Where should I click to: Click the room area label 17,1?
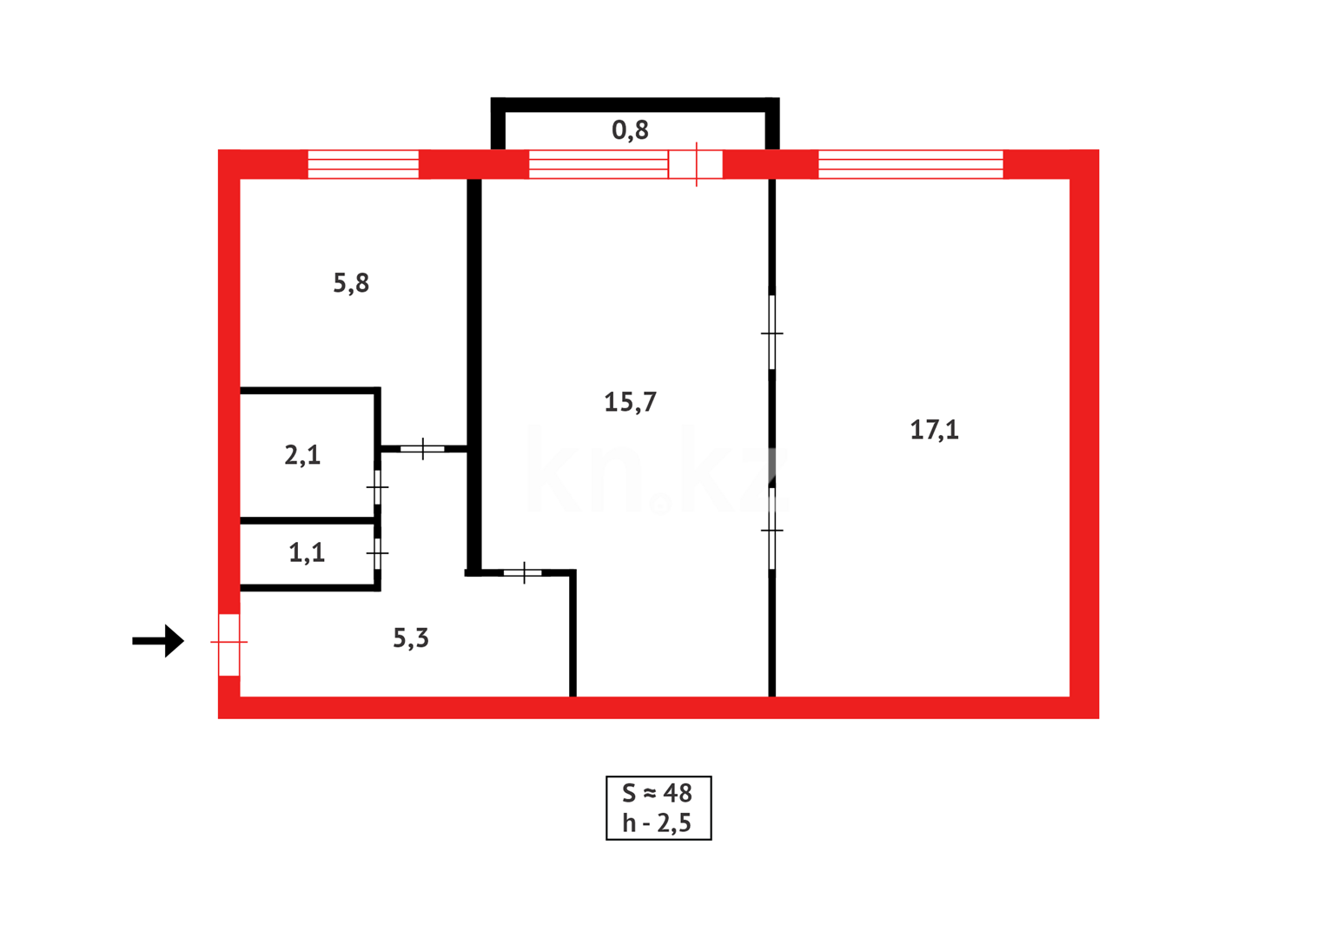point(934,430)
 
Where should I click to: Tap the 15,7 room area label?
point(630,402)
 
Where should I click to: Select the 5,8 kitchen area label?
point(351,283)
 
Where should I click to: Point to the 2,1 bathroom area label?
point(302,455)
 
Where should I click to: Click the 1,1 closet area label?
point(307,552)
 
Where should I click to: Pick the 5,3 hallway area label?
point(411,638)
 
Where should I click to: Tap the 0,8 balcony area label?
point(630,130)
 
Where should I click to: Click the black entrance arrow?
point(159,641)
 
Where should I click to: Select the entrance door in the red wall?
point(228,644)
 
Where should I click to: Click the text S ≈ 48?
point(658,793)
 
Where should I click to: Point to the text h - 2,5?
point(658,822)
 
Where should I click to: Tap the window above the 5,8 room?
point(363,164)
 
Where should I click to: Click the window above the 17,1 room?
point(910,164)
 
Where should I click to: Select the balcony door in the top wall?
point(695,164)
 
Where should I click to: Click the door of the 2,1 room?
point(377,487)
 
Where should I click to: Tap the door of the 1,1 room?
point(377,553)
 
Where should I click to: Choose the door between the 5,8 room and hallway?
point(422,449)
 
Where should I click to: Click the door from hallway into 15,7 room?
point(523,573)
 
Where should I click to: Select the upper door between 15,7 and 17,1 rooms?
point(772,333)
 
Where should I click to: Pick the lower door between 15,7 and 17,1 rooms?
point(772,529)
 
